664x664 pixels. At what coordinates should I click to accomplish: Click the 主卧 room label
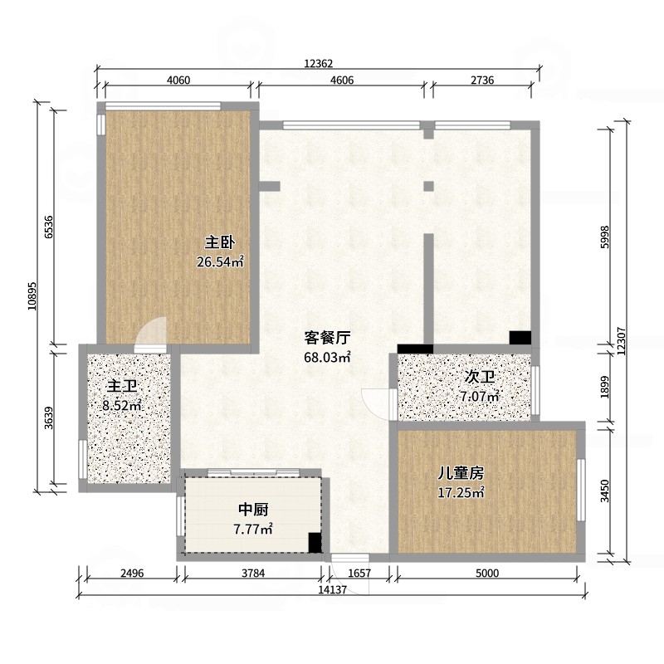click(220, 242)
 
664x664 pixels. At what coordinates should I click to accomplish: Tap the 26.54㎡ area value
click(220, 261)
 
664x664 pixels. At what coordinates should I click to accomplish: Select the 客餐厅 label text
click(327, 338)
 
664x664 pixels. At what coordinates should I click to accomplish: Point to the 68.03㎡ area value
click(327, 357)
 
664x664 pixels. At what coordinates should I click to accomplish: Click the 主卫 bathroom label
click(122, 386)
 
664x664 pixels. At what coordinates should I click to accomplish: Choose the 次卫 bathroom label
click(480, 377)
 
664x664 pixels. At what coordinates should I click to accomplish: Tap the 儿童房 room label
click(461, 473)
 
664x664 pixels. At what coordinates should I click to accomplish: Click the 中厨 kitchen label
click(253, 510)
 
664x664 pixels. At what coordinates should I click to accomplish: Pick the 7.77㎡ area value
click(253, 529)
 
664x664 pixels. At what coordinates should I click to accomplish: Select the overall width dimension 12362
click(319, 64)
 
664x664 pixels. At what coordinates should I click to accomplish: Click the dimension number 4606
click(342, 80)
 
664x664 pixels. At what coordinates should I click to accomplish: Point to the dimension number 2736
click(482, 80)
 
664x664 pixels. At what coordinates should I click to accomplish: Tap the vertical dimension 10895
click(32, 296)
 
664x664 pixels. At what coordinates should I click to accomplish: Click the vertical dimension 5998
click(605, 237)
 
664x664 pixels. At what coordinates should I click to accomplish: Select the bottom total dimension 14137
click(333, 589)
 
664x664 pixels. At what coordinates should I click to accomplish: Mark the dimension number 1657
click(359, 573)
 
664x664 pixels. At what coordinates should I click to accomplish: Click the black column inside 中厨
click(315, 543)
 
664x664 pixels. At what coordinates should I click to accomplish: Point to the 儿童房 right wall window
click(581, 490)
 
